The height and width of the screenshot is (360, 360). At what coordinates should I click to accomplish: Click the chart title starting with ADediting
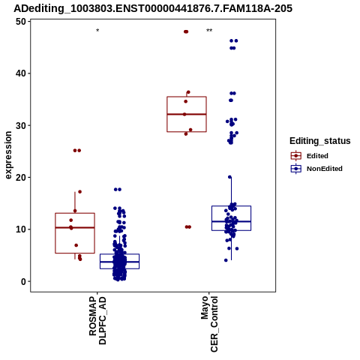(153, 8)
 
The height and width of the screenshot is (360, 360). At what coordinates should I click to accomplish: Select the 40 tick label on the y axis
(21, 73)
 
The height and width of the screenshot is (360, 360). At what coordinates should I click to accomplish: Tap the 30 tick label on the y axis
(21, 125)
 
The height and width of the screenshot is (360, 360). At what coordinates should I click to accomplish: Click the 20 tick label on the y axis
(21, 177)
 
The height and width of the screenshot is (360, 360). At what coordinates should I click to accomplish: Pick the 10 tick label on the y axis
(21, 229)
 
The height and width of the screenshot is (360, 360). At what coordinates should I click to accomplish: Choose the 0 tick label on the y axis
(24, 281)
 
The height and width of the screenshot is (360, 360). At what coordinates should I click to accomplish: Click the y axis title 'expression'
(8, 155)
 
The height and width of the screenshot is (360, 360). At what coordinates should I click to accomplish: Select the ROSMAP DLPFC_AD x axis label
(97, 320)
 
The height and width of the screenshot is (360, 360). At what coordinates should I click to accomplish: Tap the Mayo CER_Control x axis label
(209, 324)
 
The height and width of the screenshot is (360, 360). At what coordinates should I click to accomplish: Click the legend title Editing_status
(320, 141)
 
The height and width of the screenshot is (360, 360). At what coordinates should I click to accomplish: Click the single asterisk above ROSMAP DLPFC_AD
(97, 31)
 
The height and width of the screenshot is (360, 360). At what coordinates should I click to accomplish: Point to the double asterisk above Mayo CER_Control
(209, 31)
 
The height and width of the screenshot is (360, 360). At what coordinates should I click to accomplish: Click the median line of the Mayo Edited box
(187, 114)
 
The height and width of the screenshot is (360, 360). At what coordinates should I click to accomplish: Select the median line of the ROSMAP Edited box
(75, 227)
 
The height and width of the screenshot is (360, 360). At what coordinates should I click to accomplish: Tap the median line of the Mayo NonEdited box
(231, 221)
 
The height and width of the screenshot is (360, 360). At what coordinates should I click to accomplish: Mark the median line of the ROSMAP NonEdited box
(119, 262)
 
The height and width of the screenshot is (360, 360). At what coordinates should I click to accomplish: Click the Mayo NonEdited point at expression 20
(229, 177)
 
